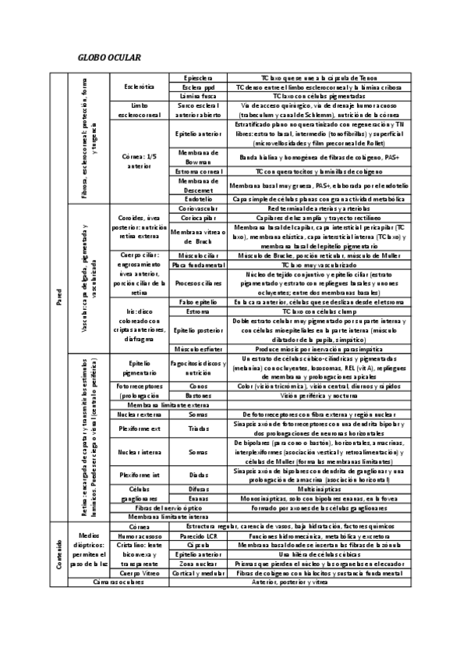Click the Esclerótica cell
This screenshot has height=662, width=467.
[x=139, y=87]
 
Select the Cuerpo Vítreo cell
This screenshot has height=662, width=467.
[x=139, y=573]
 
